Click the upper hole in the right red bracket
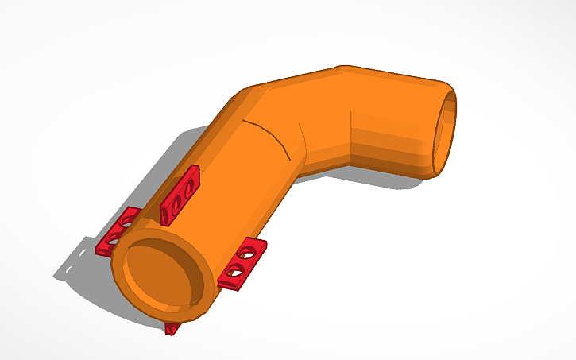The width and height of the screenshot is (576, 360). tap(249, 255)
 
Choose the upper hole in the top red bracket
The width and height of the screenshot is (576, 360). tap(188, 188)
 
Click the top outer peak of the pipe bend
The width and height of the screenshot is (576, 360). tap(342, 67)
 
